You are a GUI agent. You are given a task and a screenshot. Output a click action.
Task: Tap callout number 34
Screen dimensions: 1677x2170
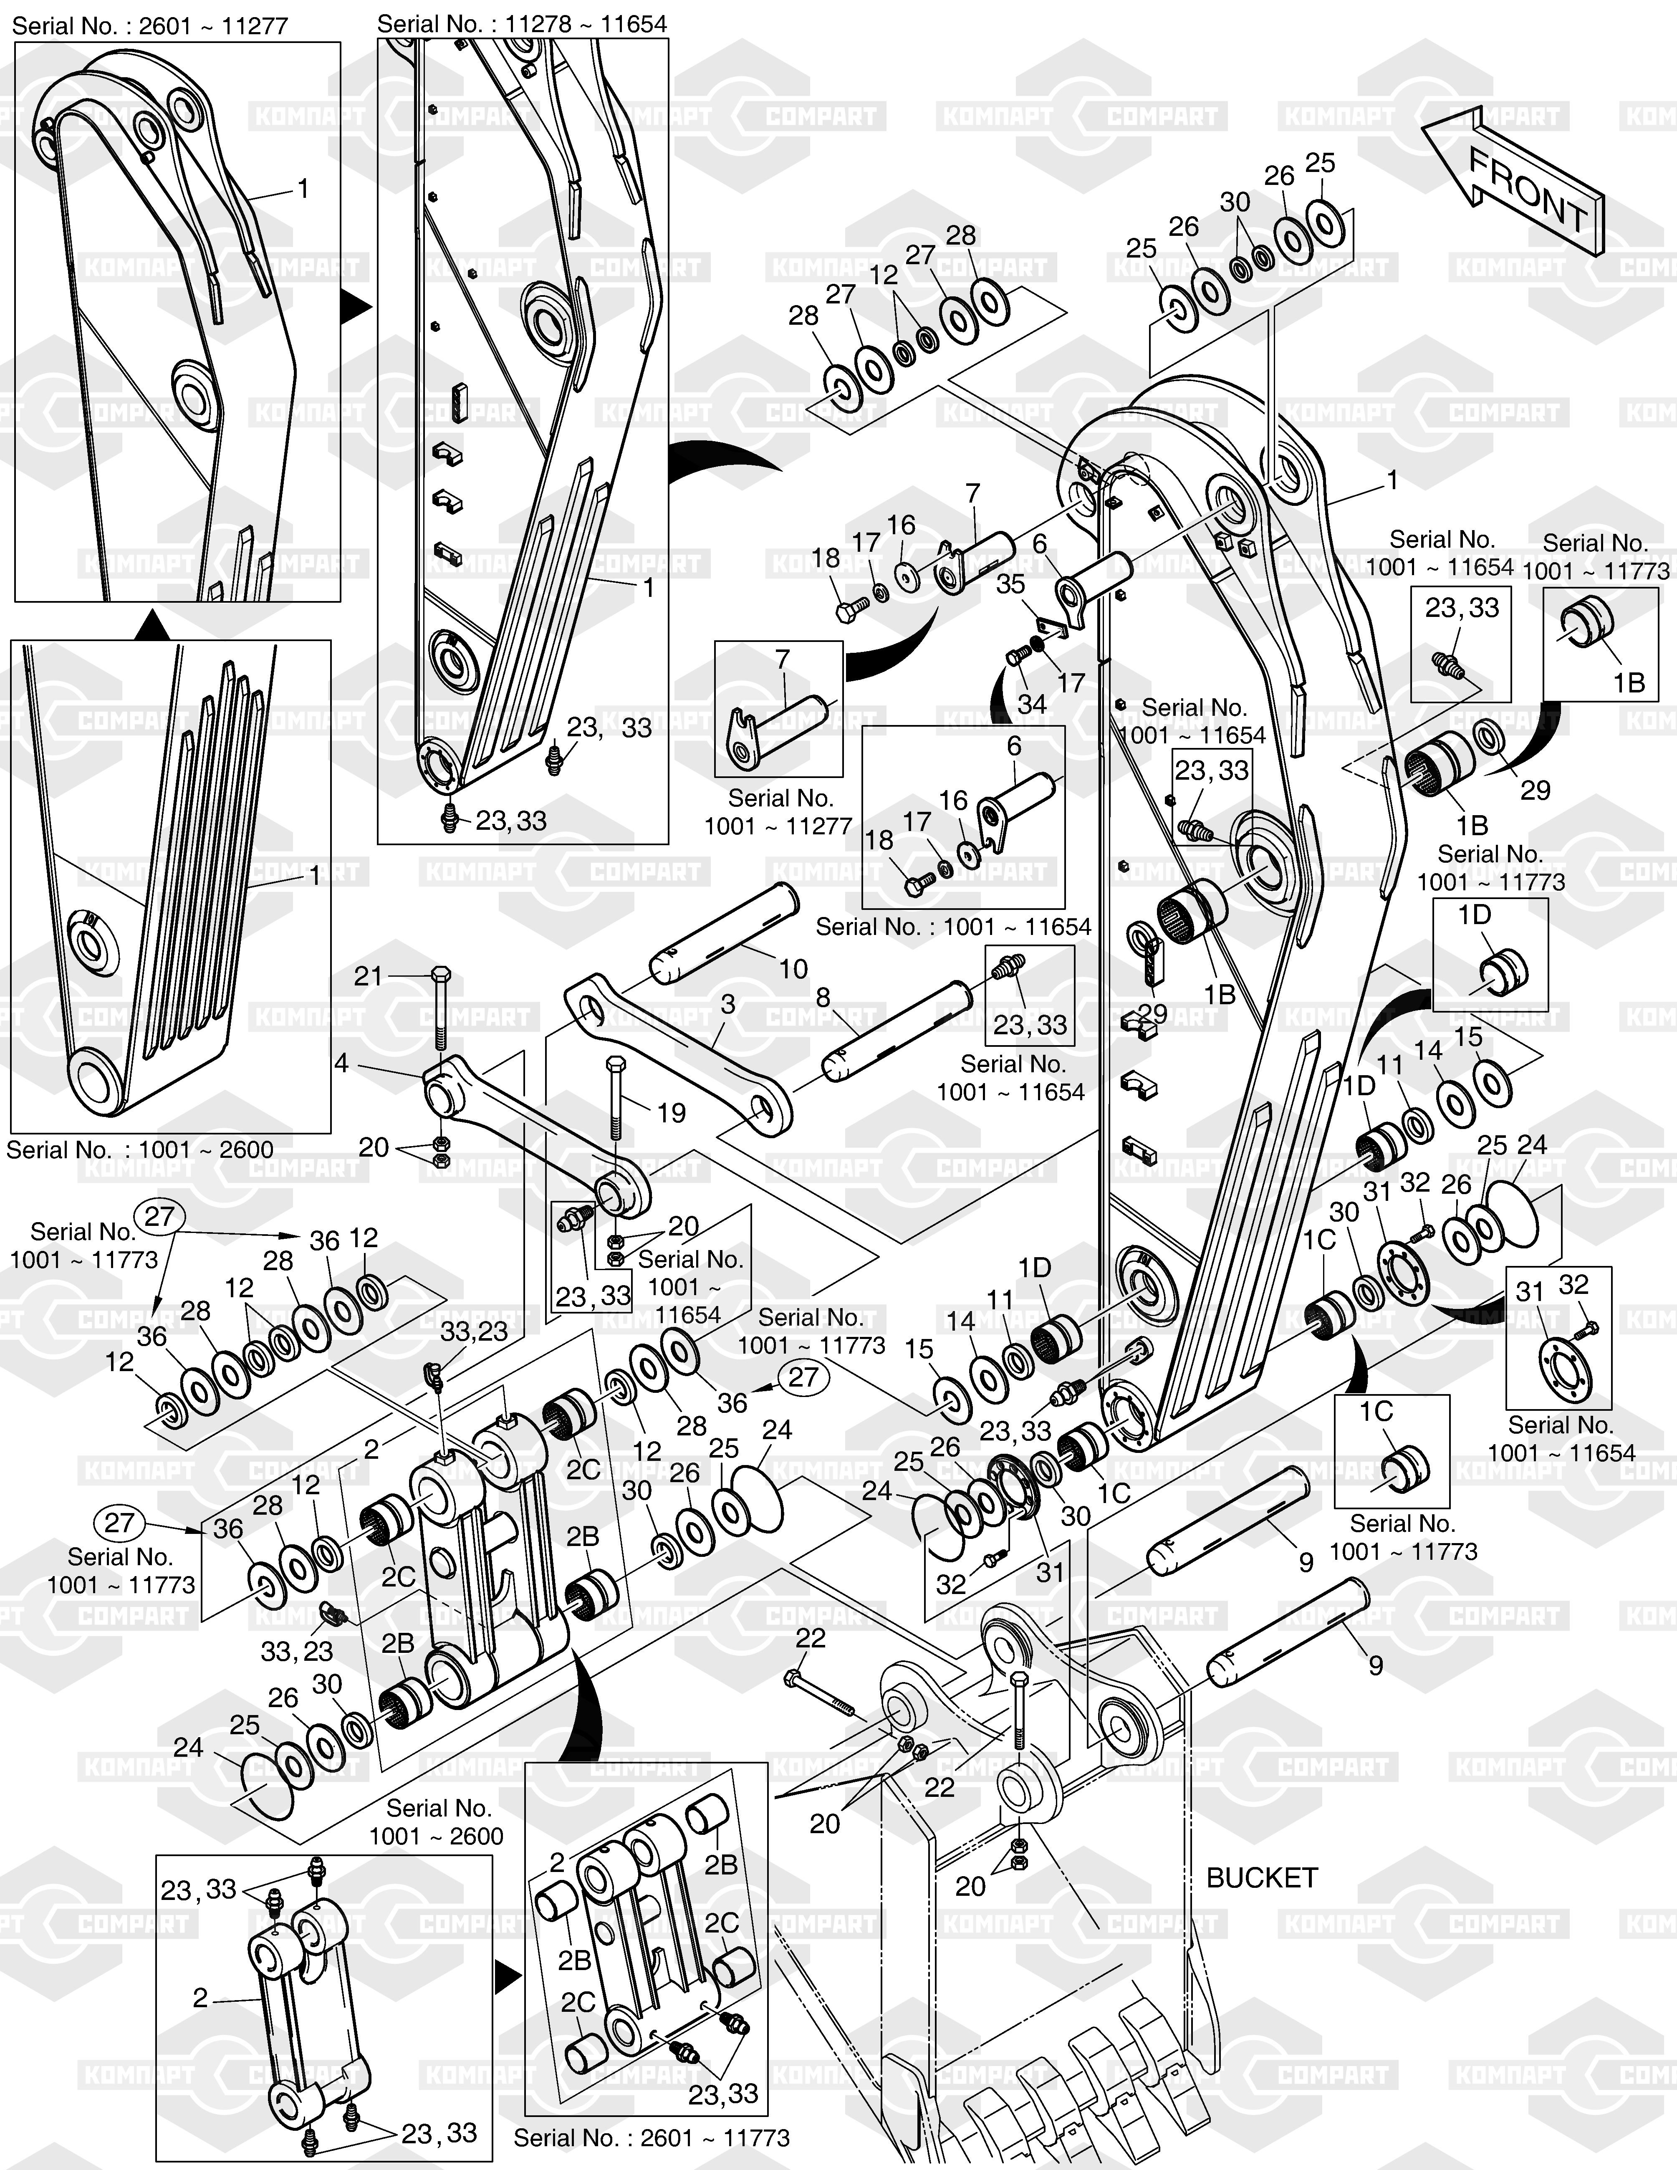[1031, 703]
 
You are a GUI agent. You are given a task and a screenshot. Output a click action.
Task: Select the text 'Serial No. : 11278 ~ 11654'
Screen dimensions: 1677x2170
[522, 23]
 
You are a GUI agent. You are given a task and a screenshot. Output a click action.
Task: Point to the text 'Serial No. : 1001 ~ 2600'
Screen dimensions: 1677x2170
[140, 1149]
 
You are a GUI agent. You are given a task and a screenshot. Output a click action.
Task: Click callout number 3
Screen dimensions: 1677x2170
[728, 1005]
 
